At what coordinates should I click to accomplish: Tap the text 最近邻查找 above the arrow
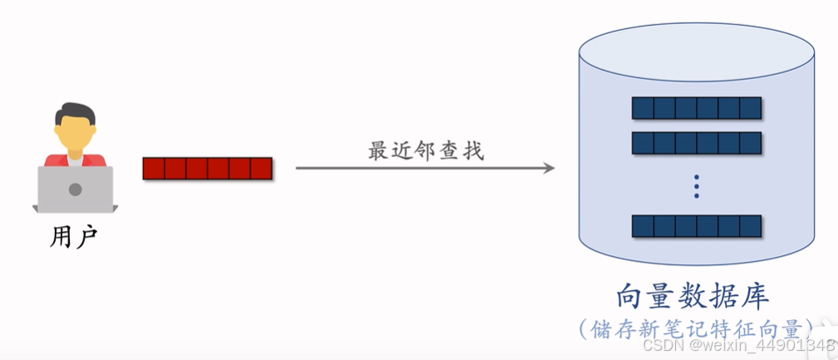point(426,151)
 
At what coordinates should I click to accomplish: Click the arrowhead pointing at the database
point(549,168)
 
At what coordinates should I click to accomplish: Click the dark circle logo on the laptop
point(75,190)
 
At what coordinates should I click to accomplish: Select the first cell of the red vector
point(154,169)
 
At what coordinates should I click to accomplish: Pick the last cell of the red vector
point(261,169)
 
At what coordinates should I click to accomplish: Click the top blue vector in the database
point(697,108)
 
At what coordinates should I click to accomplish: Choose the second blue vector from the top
point(697,143)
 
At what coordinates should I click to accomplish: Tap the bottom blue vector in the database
point(697,226)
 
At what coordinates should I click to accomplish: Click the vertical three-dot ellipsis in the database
point(697,186)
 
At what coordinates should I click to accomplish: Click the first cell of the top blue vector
point(643,108)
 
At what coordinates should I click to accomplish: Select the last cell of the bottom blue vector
point(751,226)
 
